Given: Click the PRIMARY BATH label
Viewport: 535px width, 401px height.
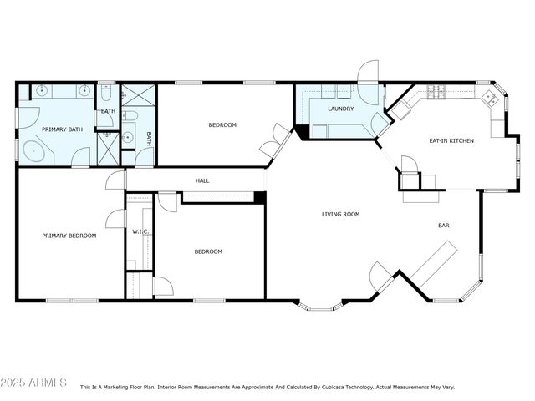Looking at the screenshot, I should point(63,129).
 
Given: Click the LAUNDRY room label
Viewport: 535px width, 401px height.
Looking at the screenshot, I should point(340,109).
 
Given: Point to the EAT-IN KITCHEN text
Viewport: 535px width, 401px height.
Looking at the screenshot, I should point(451,140).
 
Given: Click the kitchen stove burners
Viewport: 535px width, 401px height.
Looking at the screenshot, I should point(436,90).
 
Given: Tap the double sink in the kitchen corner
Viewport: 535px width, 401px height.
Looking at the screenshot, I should point(491,99).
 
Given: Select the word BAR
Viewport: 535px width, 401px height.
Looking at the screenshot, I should point(444,226).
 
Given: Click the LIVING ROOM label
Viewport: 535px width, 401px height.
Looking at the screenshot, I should point(340,215).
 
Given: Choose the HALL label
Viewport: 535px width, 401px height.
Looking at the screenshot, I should point(202,180).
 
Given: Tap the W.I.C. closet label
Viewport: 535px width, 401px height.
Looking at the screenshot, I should point(140,231).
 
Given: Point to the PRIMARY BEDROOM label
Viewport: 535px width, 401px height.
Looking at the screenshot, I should point(69,236).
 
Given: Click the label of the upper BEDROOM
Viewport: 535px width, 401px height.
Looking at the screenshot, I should point(222,125).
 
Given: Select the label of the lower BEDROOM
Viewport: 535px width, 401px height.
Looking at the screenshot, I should point(208,251).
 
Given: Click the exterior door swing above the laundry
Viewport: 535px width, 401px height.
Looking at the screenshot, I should point(368,72).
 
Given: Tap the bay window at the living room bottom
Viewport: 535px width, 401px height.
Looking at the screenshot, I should point(320,306).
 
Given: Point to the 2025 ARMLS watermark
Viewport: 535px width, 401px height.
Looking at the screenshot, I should point(34,383).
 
